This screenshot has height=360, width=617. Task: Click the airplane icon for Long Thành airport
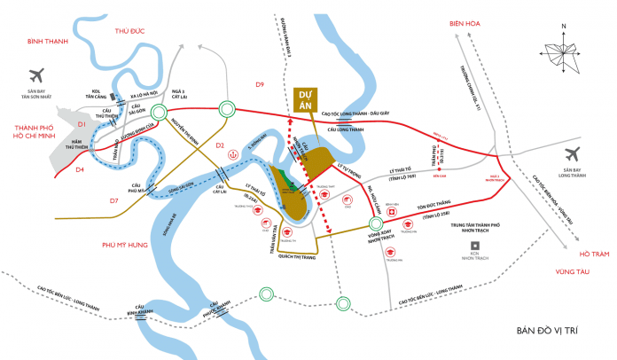click(573, 153)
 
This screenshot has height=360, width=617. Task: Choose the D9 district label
click(261, 84)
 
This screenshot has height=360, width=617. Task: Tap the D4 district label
click(80, 168)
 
